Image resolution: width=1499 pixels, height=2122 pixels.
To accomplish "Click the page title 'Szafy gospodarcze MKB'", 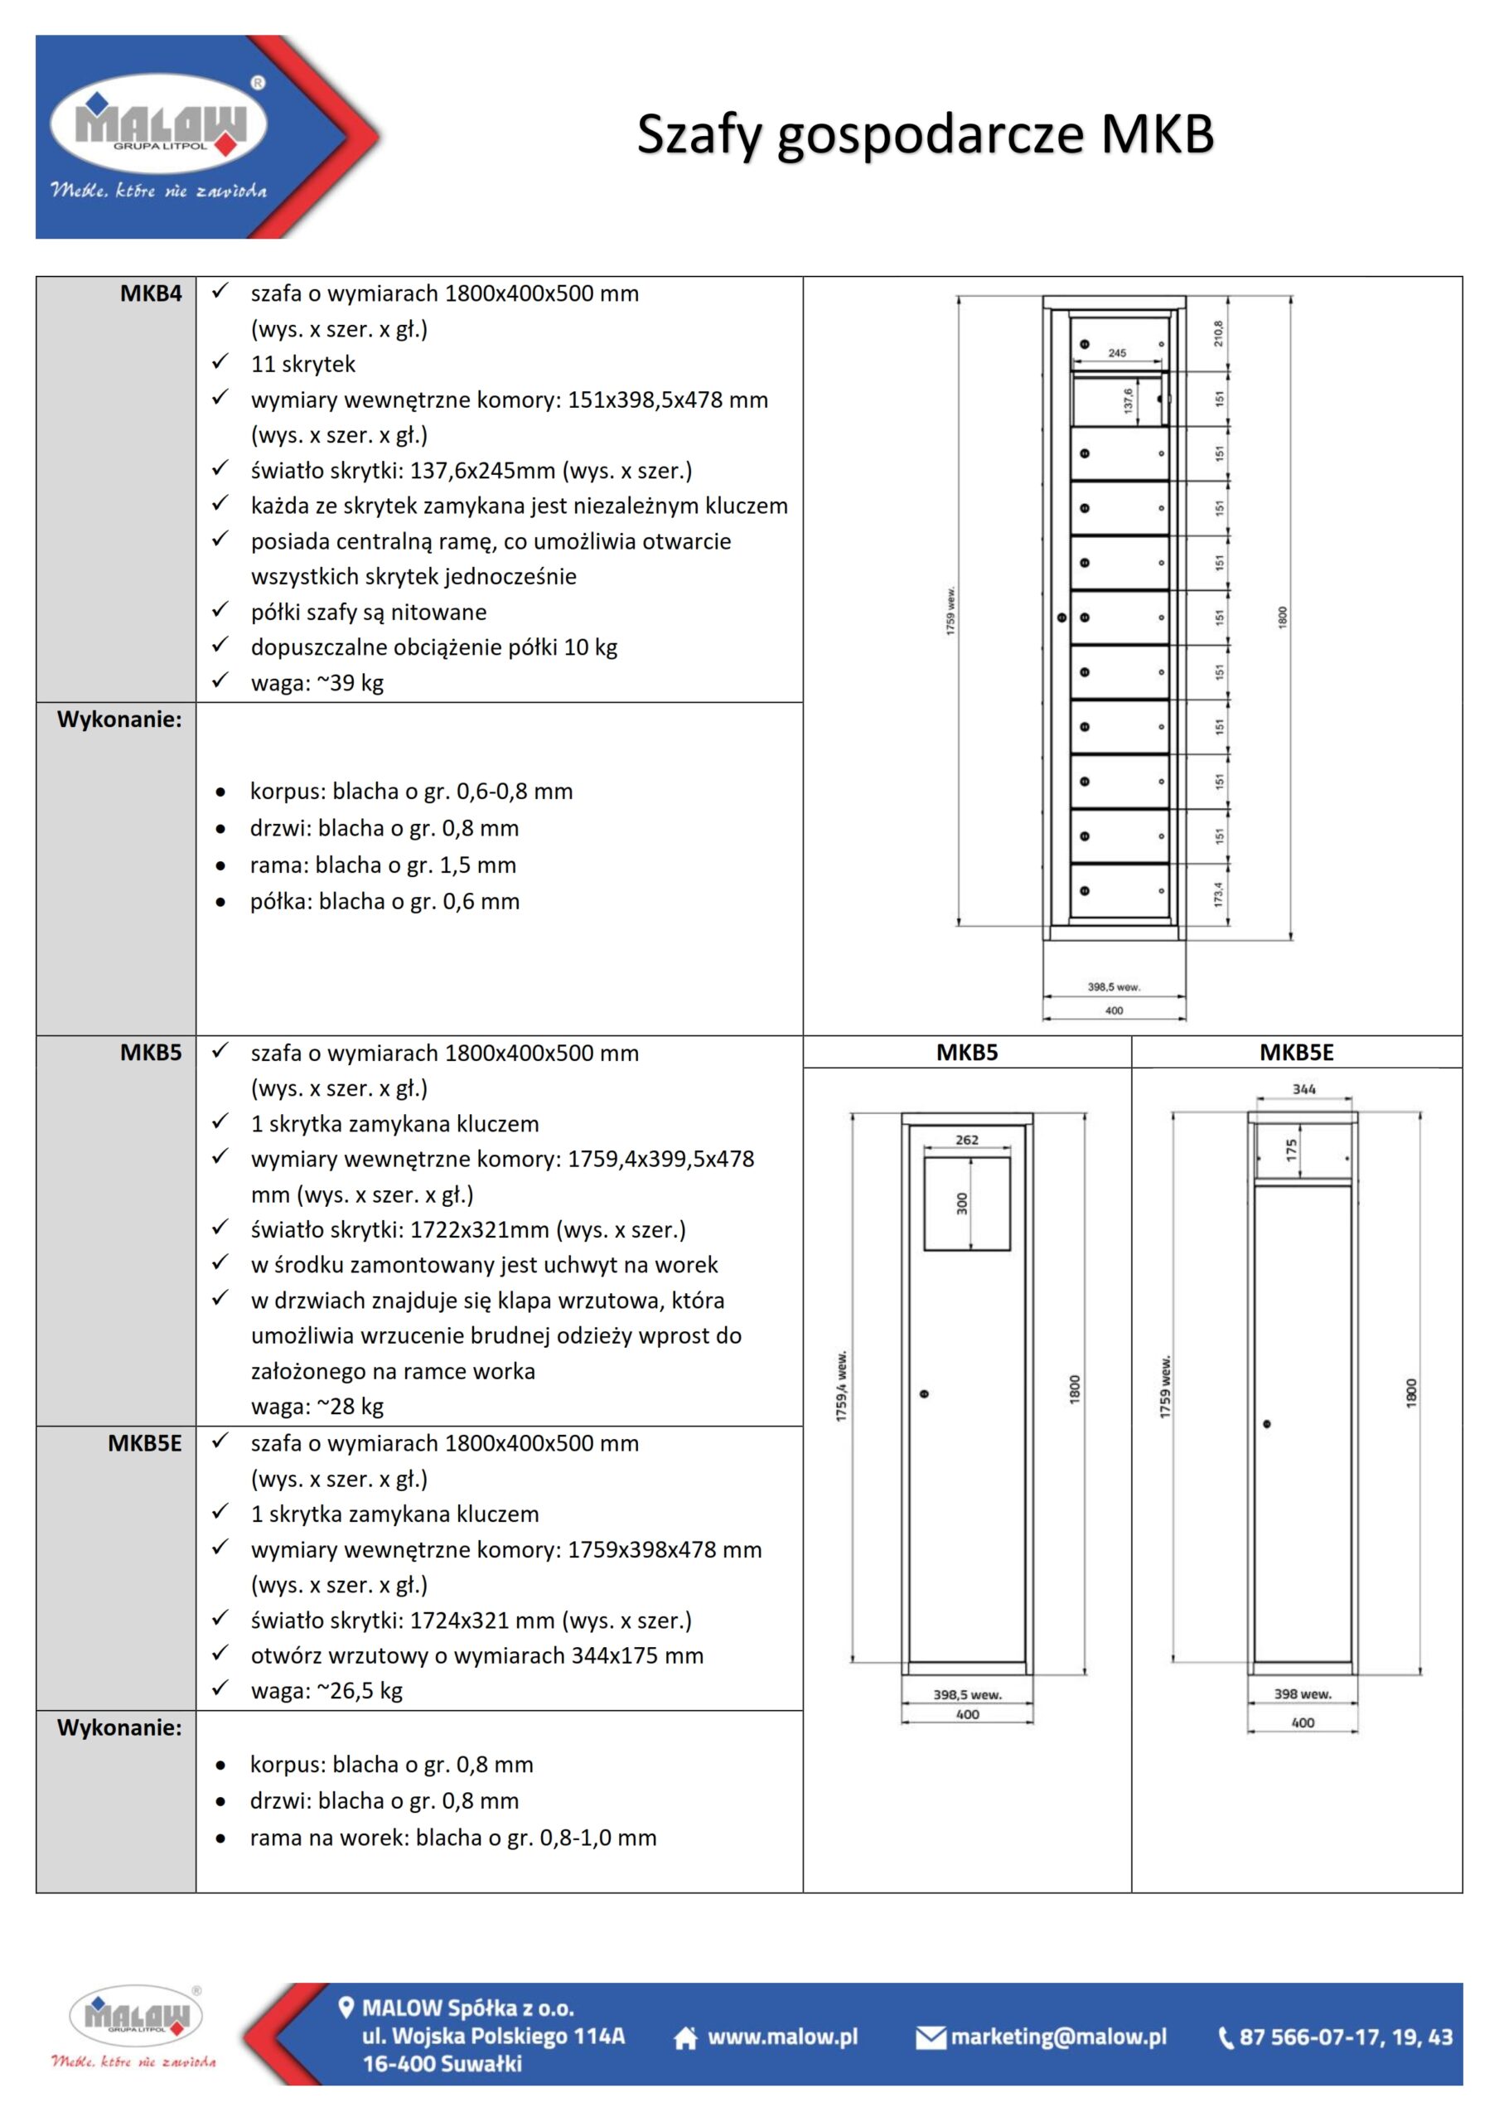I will pos(924,135).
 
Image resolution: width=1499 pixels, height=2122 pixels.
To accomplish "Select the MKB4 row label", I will pos(151,294).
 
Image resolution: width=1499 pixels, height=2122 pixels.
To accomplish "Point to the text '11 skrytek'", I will pos(302,364).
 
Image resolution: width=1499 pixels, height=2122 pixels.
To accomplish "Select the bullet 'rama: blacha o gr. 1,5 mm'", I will pos(383,865).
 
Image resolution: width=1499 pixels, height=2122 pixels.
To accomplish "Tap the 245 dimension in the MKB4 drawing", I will pos(1116,353).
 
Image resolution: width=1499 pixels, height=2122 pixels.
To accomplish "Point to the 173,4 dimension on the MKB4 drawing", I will pos(1218,893).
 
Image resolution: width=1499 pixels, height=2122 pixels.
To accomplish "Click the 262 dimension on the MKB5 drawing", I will pos(967,1140).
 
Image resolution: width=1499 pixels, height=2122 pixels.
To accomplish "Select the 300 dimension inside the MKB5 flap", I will pos(962,1204).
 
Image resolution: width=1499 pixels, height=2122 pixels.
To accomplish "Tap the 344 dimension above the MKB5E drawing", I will pos(1303,1088).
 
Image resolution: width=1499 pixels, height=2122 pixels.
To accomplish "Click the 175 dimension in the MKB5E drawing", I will pos(1291,1150).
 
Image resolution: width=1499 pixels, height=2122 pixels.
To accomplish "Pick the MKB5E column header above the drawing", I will pos(1296,1052).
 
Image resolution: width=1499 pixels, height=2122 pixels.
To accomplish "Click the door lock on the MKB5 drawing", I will pos(924,1393).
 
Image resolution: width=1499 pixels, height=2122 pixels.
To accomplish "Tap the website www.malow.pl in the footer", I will pos(782,2037).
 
